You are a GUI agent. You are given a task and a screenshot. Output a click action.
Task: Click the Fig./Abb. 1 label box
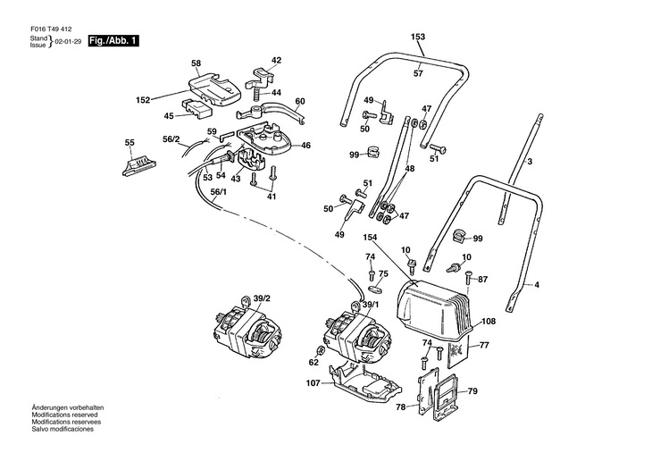pos(114,42)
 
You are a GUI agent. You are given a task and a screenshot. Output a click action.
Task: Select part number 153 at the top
pos(418,37)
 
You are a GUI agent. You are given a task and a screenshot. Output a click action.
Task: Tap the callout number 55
pos(130,143)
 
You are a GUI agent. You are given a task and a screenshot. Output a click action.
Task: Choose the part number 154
pos(370,238)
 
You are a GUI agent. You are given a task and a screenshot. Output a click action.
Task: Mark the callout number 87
pos(482,280)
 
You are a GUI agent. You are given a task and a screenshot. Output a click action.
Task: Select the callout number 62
pos(313,363)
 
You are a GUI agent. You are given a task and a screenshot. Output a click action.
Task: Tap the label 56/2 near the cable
pos(171,139)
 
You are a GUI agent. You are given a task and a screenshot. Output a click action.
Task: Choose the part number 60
pos(300,101)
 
